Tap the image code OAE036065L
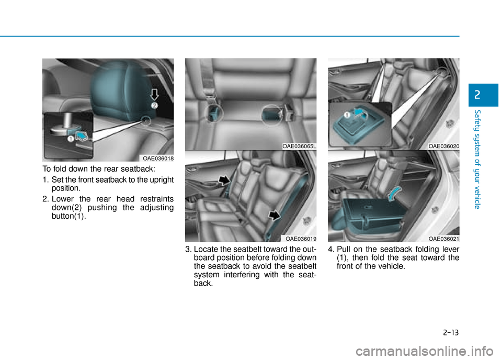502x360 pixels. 299,147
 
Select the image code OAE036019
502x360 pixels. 301,238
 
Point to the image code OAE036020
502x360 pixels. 443,147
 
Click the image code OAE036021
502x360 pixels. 443,238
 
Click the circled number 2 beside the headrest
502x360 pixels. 155,106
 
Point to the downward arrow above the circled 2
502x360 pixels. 154,94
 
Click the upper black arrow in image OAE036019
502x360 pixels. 224,181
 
